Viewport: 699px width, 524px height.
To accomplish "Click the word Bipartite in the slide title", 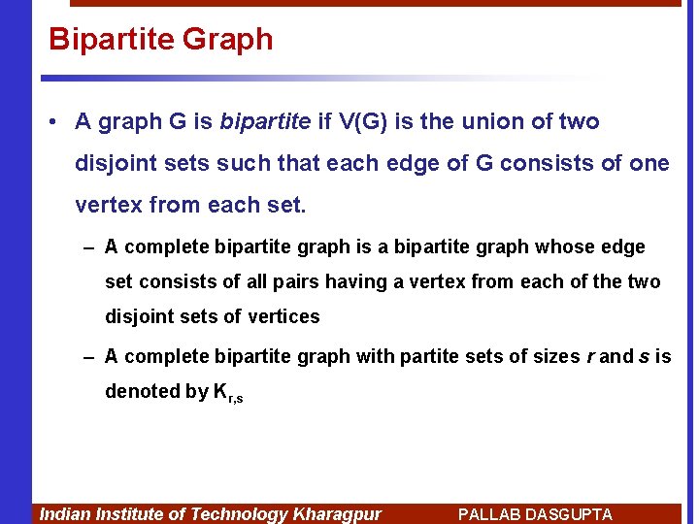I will pos(111,40).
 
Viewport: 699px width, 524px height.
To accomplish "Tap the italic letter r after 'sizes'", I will pos(589,357).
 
